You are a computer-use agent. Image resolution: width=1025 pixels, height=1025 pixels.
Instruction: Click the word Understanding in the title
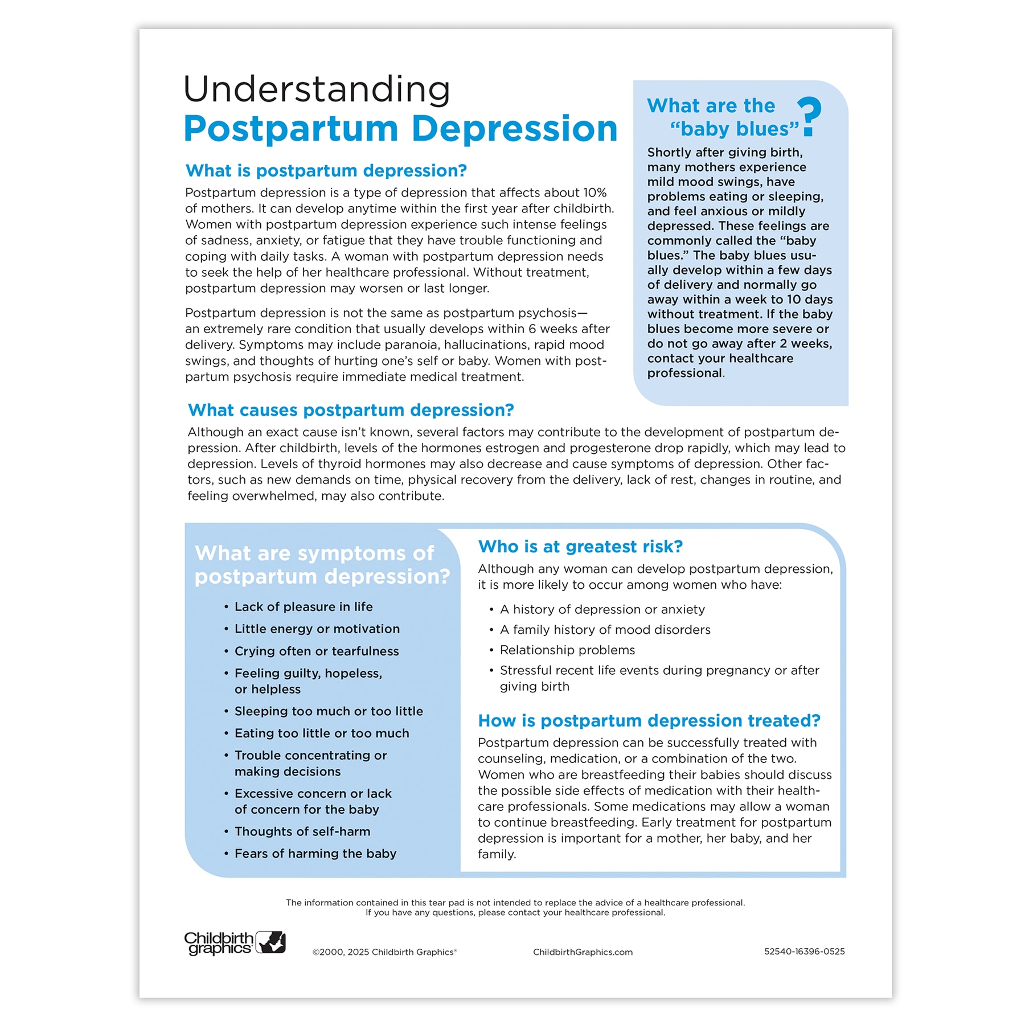[x=317, y=90]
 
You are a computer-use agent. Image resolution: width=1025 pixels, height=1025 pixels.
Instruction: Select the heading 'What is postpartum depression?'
[x=326, y=171]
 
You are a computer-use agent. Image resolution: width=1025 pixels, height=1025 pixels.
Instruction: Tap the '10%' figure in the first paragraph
[x=594, y=193]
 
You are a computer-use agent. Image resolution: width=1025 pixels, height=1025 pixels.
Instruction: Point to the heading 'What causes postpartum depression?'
[x=351, y=410]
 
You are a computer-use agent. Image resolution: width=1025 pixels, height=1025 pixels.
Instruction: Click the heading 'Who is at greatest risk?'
[x=580, y=547]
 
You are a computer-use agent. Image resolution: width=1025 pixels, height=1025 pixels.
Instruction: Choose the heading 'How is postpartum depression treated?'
[x=649, y=721]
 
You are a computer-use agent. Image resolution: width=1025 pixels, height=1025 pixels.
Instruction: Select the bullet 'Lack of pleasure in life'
[x=304, y=607]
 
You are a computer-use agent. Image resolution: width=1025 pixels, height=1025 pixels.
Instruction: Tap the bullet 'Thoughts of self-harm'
[x=302, y=831]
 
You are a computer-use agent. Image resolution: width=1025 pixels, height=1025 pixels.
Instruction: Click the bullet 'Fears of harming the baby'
[x=315, y=854]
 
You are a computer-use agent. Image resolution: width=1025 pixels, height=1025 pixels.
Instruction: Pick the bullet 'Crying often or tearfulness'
[x=317, y=651]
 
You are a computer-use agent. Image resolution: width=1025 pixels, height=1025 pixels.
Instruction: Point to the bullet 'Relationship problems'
[x=567, y=650]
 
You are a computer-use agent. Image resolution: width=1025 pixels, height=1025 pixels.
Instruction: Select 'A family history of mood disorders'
[x=605, y=630]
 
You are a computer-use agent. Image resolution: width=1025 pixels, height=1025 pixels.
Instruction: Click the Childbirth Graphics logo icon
[x=270, y=942]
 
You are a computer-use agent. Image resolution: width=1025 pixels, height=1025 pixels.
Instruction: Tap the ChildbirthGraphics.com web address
[x=583, y=952]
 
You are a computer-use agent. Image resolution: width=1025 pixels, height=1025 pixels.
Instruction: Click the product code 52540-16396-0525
[x=804, y=952]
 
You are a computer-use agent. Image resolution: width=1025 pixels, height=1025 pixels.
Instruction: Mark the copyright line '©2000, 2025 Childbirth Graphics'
[x=384, y=952]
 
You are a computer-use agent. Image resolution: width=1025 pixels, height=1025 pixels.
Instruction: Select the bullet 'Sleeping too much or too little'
[x=329, y=711]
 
